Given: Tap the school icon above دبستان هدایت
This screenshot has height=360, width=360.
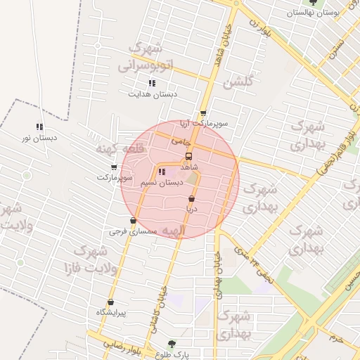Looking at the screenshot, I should (152, 83).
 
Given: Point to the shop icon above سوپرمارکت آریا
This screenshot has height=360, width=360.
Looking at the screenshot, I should (203, 112).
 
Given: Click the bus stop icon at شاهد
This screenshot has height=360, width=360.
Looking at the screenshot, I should (188, 157).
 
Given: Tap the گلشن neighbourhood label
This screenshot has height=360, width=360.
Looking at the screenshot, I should (237, 83).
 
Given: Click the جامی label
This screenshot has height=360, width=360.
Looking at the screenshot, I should (181, 141).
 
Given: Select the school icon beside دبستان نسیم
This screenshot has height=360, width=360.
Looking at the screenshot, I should (162, 172).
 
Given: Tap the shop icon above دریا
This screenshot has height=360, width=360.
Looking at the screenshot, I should (192, 199).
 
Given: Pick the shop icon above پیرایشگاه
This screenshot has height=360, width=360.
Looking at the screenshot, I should (110, 302).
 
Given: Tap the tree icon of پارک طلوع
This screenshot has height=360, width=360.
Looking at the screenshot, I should (172, 344).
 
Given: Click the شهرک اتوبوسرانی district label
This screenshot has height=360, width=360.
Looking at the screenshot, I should (146, 58).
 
